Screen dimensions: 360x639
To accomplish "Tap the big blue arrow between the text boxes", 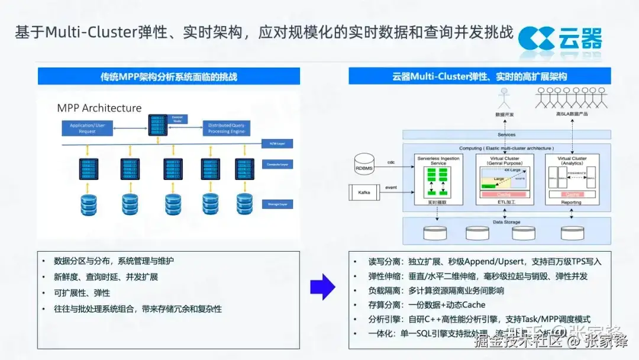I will tap(322, 287).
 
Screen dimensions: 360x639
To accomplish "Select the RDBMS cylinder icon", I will tap(365, 163).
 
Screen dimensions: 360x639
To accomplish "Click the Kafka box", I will tap(364, 192).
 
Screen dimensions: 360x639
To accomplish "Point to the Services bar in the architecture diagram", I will tap(506, 135).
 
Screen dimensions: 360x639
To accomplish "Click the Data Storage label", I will tap(506, 222).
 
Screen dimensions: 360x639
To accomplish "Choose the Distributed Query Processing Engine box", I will tap(226, 128).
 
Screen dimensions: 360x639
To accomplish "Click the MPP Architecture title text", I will tap(99, 108).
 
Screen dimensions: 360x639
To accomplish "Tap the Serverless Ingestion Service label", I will tap(438, 161).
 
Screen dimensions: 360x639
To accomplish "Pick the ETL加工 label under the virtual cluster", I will tap(505, 202).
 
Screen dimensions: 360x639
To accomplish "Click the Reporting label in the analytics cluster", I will tap(571, 202).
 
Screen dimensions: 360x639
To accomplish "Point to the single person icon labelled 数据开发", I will tap(504, 98).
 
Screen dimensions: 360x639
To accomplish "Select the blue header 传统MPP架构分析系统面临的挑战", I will tap(169, 76).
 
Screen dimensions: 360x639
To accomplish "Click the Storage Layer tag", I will tap(276, 204).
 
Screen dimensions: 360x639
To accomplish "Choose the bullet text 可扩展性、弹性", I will tap(82, 293).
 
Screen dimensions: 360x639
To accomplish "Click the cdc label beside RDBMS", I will tap(390, 162).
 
